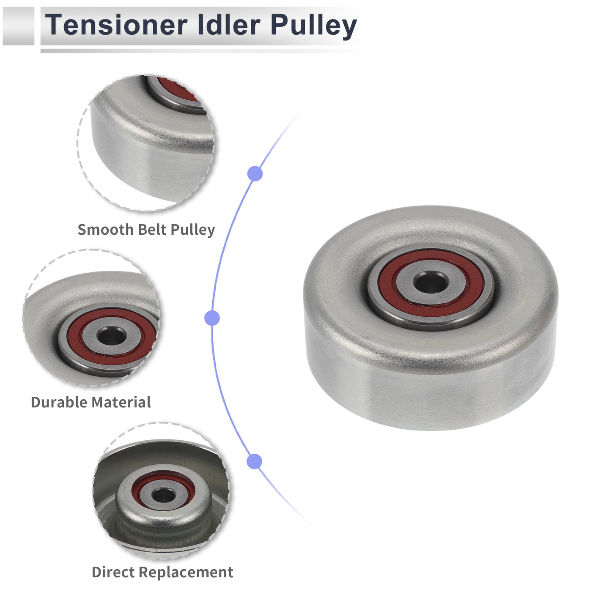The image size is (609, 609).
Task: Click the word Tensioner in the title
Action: pyautogui.click(x=116, y=25)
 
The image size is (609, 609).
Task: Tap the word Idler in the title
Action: pyautogui.click(x=229, y=25)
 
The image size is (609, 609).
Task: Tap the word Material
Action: pyautogui.click(x=121, y=402)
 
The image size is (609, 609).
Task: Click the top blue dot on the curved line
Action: pyautogui.click(x=255, y=173)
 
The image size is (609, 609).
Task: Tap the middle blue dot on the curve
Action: pyautogui.click(x=212, y=318)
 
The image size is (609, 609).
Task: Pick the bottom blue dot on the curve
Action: pyautogui.click(x=255, y=461)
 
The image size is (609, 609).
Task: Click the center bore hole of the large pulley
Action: pyautogui.click(x=431, y=282)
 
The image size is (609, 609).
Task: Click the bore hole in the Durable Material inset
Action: pyautogui.click(x=112, y=336)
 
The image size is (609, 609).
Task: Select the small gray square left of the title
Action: pyautogui.click(x=18, y=26)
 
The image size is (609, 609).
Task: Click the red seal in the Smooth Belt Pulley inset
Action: pyautogui.click(x=177, y=89)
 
